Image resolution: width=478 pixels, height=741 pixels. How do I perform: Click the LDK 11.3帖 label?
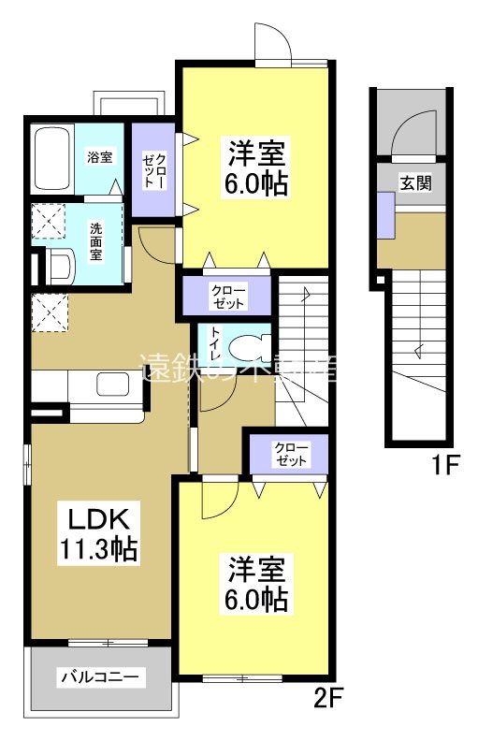point(100,532)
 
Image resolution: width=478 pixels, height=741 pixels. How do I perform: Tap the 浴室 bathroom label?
point(100,156)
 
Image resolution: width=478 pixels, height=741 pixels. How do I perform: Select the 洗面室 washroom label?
point(96,240)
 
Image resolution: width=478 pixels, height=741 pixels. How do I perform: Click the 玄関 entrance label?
point(416,183)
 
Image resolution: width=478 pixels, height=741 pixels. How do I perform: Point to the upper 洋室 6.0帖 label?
point(254,165)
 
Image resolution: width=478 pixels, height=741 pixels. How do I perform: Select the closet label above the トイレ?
point(228,297)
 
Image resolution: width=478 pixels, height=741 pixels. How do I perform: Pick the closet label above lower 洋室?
point(291,454)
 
